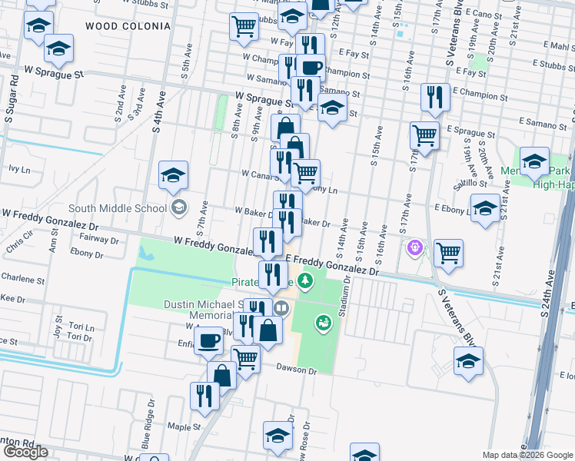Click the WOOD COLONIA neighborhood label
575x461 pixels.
(x=128, y=26)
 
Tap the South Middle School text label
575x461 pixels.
(x=117, y=208)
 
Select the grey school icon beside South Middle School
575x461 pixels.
(x=179, y=206)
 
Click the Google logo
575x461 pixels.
(x=25, y=452)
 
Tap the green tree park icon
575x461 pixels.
(x=306, y=280)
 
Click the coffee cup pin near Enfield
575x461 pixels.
(x=208, y=340)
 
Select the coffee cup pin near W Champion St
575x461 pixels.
(x=311, y=68)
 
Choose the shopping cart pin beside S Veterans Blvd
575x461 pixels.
(x=447, y=252)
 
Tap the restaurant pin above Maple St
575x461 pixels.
(x=204, y=395)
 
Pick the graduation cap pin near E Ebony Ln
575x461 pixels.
(x=484, y=207)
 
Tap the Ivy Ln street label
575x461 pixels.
(x=19, y=168)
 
